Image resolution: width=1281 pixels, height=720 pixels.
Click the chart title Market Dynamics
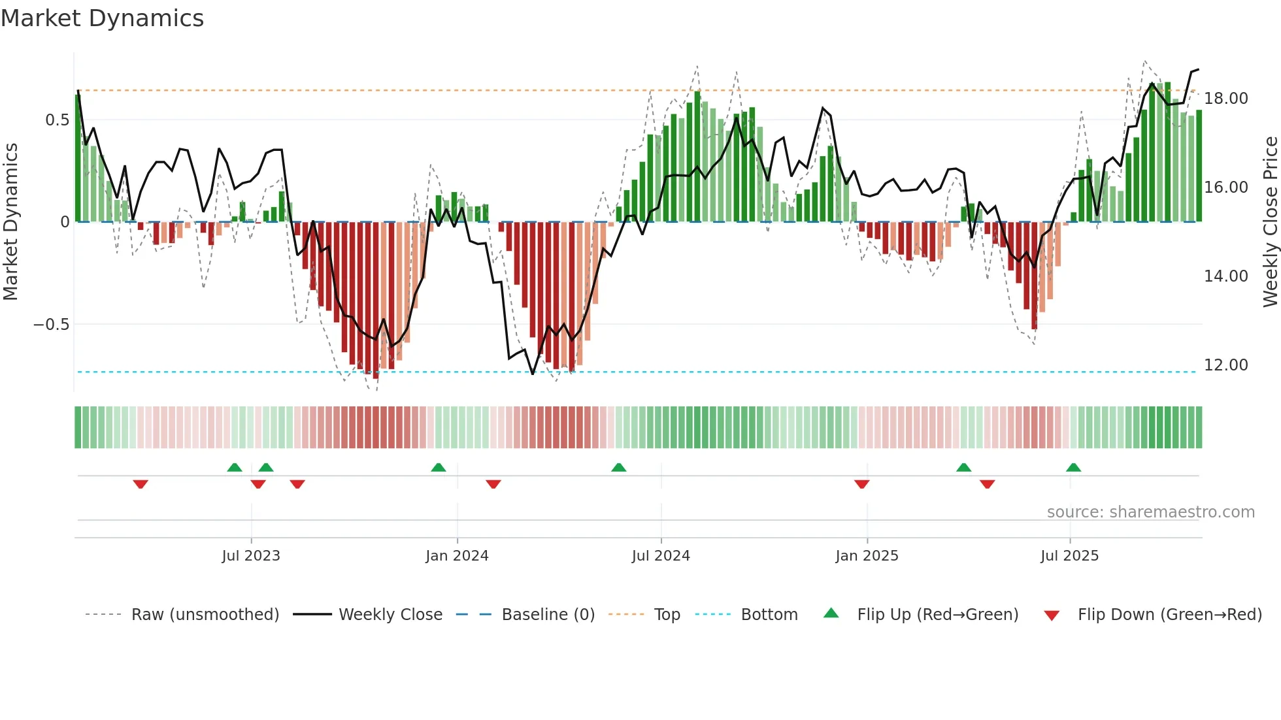point(103,18)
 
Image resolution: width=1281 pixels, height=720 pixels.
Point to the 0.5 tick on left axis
point(57,120)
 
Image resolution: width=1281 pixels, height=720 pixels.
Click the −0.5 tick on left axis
point(52,325)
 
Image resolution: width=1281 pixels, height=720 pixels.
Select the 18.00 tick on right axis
point(1225,99)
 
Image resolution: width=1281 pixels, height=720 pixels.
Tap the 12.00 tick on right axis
point(1225,365)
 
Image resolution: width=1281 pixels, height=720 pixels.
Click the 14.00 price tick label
point(1225,276)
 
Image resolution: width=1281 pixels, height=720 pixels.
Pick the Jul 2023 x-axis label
point(251,556)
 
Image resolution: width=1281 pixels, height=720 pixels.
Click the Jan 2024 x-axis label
point(457,556)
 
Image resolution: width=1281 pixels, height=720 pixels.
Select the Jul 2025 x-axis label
point(1069,556)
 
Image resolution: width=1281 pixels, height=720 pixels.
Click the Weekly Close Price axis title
point(1270,222)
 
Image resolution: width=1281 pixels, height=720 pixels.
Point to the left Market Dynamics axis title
point(10,222)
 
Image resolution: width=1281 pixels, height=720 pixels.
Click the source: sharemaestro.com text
point(1150,512)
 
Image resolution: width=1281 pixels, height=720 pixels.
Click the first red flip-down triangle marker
point(141,484)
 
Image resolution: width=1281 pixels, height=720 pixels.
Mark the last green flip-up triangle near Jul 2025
point(1073,467)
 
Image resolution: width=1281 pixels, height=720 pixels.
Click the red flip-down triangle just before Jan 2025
point(861,484)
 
